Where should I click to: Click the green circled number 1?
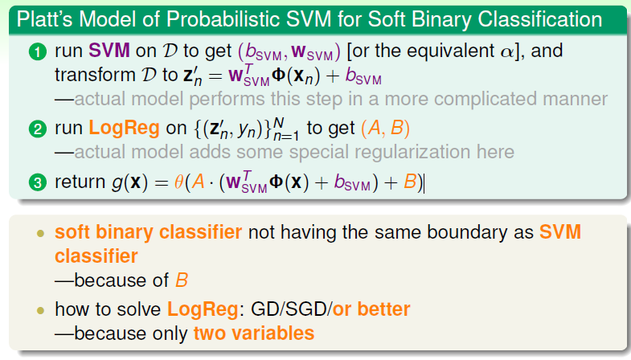click(x=38, y=52)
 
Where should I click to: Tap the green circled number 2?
click(x=38, y=129)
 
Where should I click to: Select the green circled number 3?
click(x=38, y=182)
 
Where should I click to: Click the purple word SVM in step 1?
click(x=109, y=51)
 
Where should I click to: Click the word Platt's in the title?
click(x=44, y=19)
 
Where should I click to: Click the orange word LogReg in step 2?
click(x=124, y=129)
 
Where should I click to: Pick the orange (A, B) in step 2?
click(x=386, y=129)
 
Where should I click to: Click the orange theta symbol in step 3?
click(x=178, y=182)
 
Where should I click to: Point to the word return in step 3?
click(x=80, y=182)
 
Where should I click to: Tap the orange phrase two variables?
click(x=254, y=333)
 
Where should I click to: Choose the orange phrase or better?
click(x=371, y=309)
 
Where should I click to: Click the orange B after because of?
click(x=182, y=280)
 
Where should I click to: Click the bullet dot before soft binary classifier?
click(x=40, y=233)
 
